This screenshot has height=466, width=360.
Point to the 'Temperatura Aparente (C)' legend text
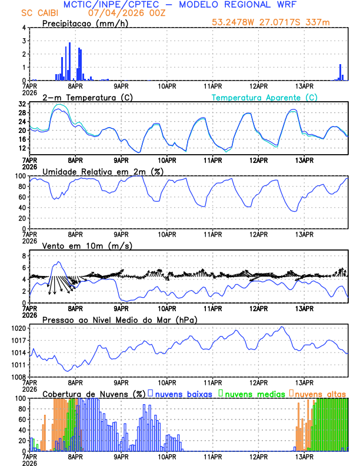[265, 97]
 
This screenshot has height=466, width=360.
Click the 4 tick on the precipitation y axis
[23, 28]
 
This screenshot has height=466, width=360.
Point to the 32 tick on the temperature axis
[21, 103]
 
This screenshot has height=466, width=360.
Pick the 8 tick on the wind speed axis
[23, 256]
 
